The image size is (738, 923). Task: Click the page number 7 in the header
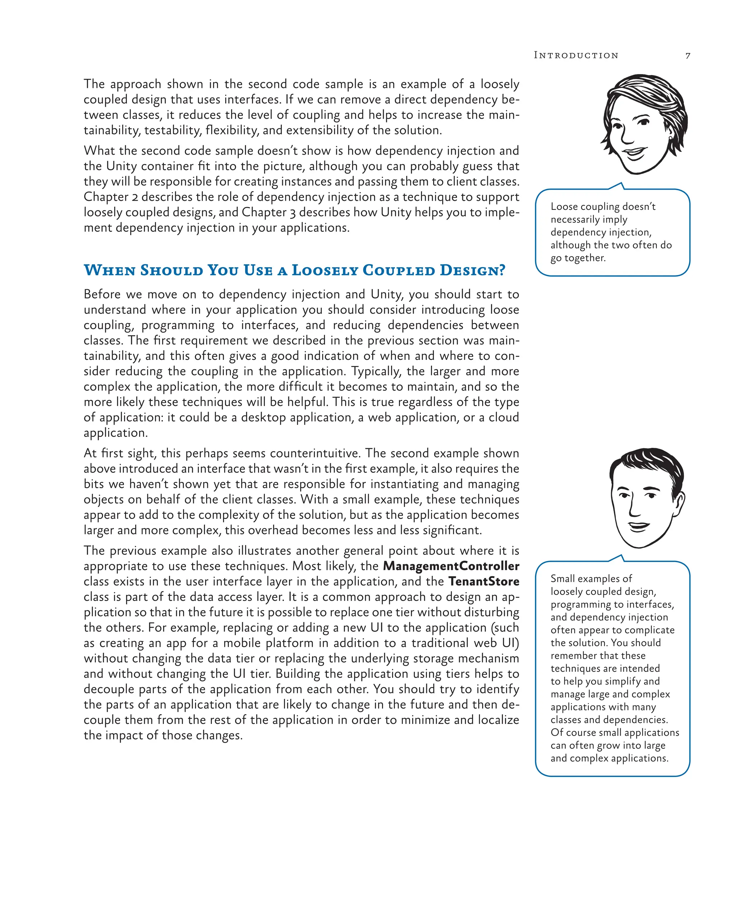pyautogui.click(x=688, y=56)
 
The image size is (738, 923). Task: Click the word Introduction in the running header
pyautogui.click(x=576, y=55)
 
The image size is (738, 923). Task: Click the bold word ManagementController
pyautogui.click(x=451, y=566)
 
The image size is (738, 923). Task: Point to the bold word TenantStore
pyautogui.click(x=484, y=581)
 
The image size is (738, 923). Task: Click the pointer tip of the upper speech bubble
pyautogui.click(x=621, y=183)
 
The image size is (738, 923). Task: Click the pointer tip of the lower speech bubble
pyautogui.click(x=621, y=555)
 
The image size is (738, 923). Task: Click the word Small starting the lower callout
pyautogui.click(x=563, y=578)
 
